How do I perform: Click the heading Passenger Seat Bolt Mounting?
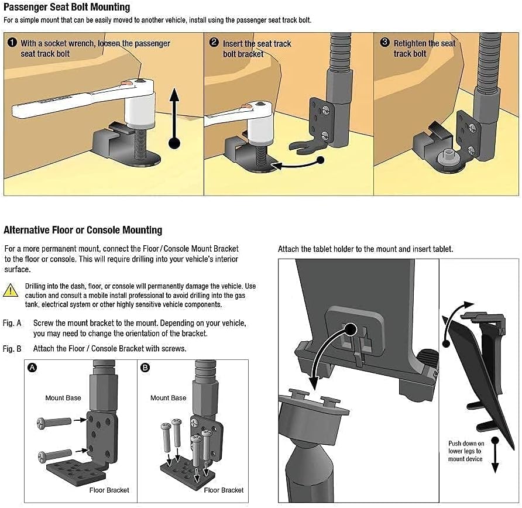(67, 8)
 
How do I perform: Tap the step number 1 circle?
(12, 43)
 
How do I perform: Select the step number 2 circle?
(214, 43)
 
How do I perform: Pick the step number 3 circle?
(384, 43)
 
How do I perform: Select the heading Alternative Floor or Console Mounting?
(83, 230)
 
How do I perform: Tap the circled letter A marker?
(32, 368)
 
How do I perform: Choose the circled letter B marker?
(145, 368)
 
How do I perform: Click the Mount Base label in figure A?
(63, 398)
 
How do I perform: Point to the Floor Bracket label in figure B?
(224, 490)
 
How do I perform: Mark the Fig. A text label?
(12, 323)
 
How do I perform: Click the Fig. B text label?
(12, 349)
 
